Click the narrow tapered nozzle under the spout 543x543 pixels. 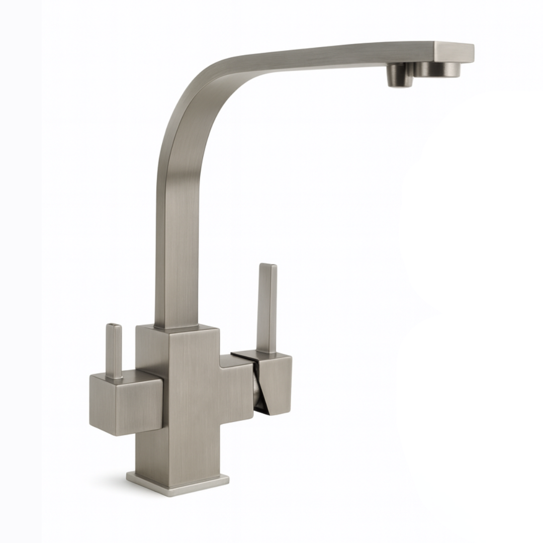[x=400, y=76]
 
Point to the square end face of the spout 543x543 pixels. [x=454, y=51]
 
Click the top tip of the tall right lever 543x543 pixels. [x=267, y=266]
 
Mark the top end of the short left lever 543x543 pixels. [x=114, y=327]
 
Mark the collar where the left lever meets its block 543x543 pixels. [x=114, y=376]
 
